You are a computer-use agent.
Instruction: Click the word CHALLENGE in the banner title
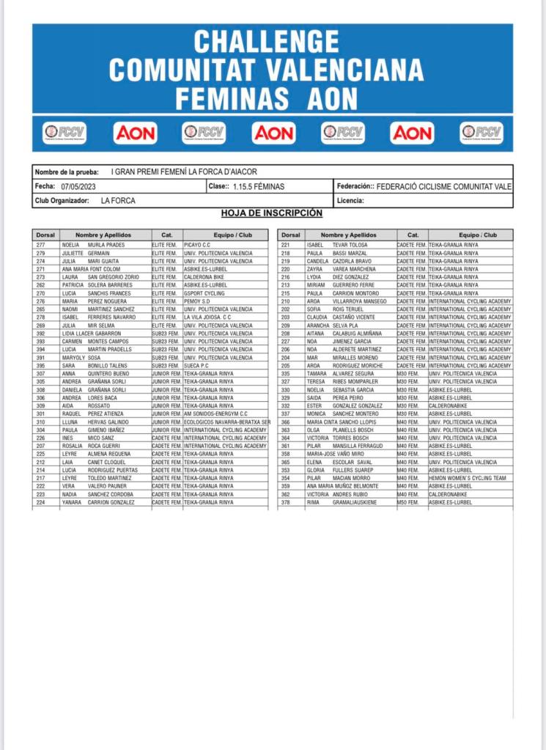pos(266,40)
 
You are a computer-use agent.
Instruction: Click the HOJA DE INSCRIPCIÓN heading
pos(272,213)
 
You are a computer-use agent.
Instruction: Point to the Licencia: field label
pos(350,200)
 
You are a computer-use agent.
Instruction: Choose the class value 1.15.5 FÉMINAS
pos(259,186)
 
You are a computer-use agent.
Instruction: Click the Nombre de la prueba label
pos(67,172)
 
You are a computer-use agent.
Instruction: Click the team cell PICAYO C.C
pos(197,245)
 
